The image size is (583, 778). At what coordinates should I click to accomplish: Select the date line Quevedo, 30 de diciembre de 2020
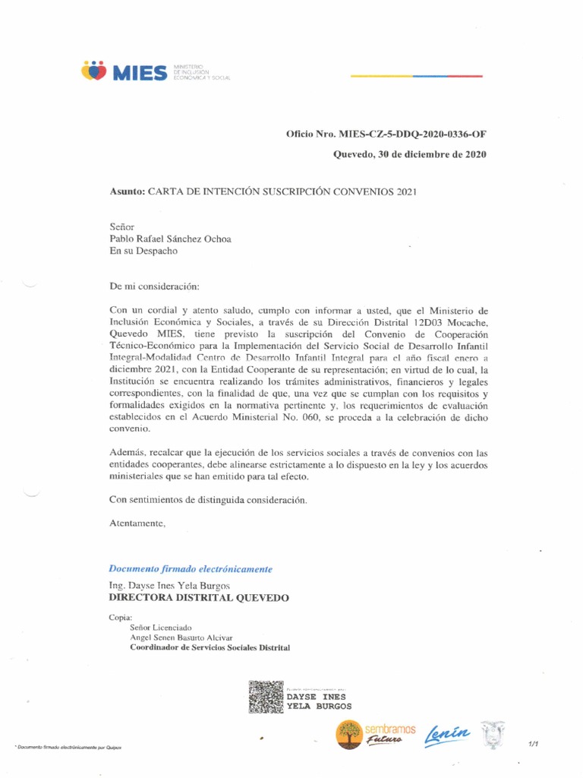coord(411,154)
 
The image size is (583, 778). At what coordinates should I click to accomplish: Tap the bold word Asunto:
coord(127,191)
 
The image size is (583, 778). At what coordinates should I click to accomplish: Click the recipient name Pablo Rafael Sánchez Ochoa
coord(171,239)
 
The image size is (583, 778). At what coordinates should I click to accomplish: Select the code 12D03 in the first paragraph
coord(418,323)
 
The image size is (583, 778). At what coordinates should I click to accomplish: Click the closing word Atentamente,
coord(137,523)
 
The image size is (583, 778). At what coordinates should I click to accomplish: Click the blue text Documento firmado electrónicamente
coord(191,568)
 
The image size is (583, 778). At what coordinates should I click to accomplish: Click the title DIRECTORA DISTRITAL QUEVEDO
coord(199,598)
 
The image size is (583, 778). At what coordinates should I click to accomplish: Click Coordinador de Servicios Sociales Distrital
coord(210,647)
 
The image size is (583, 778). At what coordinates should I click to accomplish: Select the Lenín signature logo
coord(449,735)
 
